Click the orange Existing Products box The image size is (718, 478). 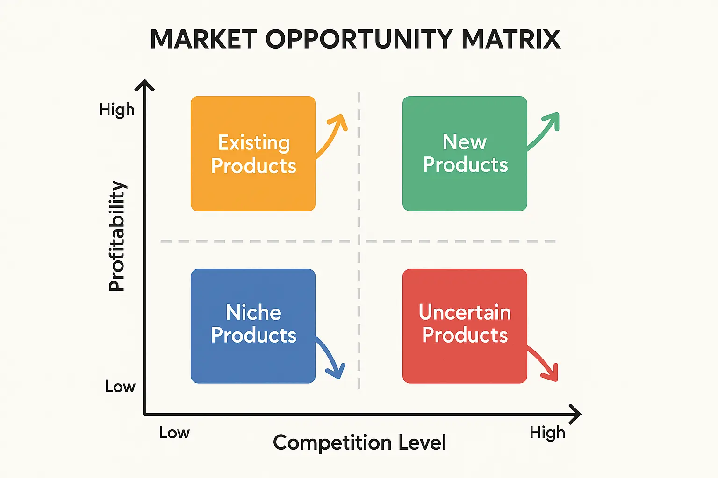[x=253, y=154]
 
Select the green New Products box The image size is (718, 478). [x=465, y=154]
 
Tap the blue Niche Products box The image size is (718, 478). [x=253, y=326]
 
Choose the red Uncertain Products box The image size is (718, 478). [x=465, y=326]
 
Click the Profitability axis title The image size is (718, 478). [x=117, y=236]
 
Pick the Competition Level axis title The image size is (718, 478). [x=359, y=443]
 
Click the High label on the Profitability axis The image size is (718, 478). [x=117, y=110]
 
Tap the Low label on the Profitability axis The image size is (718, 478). [x=120, y=387]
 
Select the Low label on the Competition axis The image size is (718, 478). [x=174, y=433]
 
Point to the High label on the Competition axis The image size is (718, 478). [x=547, y=433]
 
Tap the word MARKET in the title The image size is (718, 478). [x=203, y=39]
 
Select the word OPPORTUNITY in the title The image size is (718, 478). [x=359, y=39]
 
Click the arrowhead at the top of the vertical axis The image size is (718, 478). [x=145, y=85]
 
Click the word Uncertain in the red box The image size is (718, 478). [x=465, y=312]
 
